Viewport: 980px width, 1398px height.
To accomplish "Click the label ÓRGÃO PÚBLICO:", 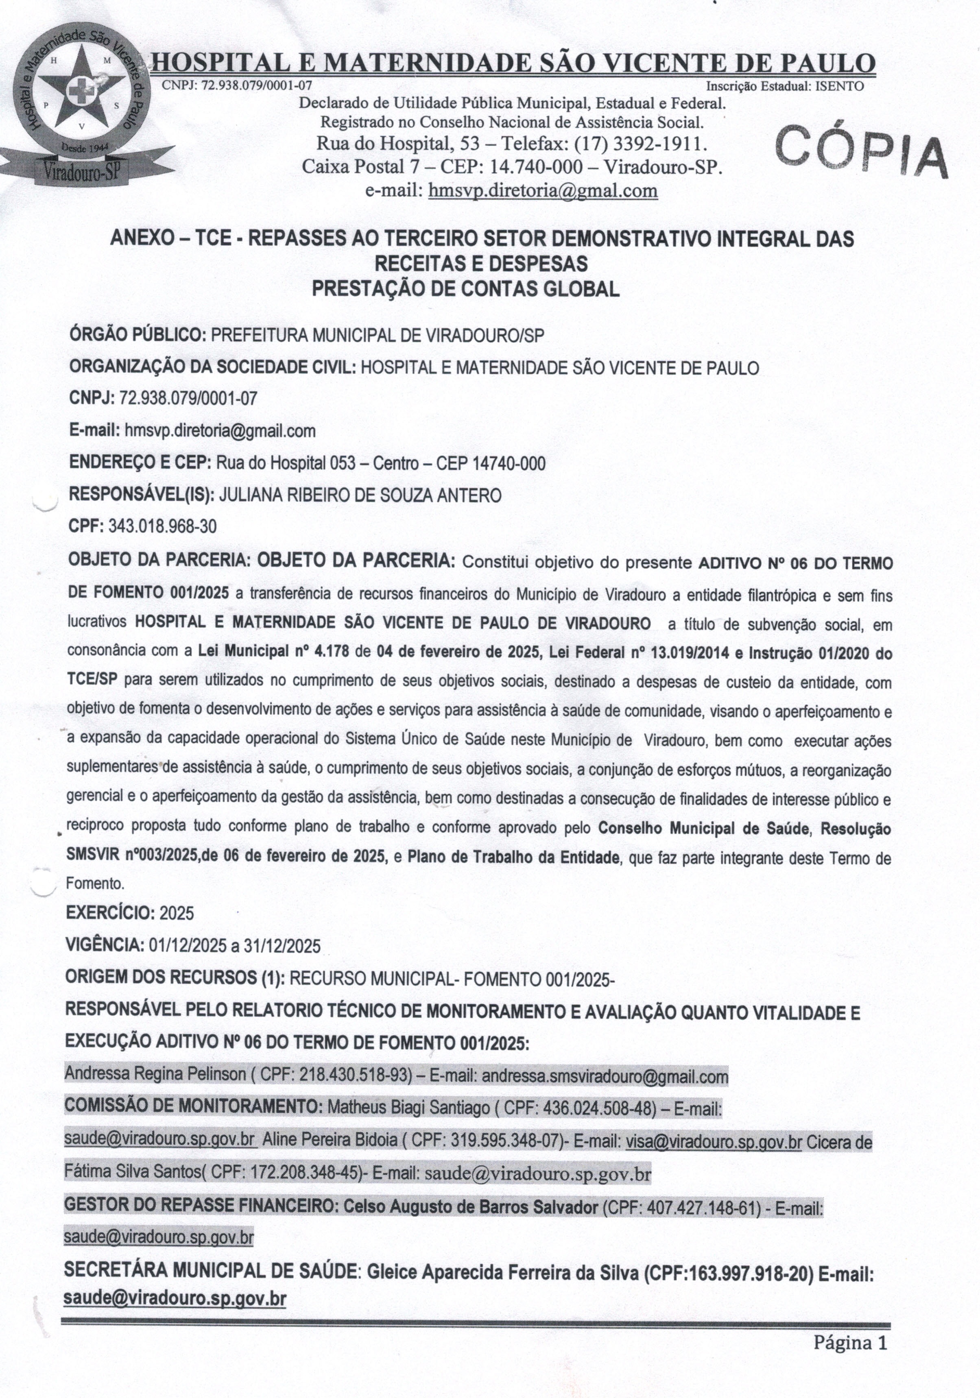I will [137, 336].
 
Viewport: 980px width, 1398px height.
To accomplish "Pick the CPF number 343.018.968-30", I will [162, 526].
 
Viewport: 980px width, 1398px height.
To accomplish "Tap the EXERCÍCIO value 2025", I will [177, 913].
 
